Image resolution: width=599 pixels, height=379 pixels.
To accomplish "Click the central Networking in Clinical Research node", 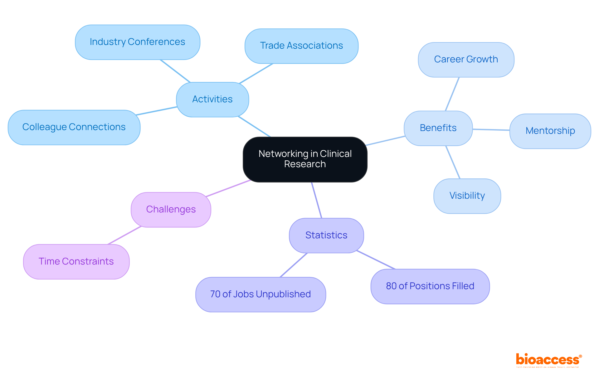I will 305,159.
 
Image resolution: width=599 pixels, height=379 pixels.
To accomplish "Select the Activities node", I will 212,100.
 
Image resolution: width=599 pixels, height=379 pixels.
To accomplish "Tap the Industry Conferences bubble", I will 137,42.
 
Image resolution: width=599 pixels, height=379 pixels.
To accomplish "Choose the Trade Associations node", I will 301,46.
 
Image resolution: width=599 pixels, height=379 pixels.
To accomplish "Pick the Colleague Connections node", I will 74,127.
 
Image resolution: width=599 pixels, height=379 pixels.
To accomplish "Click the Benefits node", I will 438,128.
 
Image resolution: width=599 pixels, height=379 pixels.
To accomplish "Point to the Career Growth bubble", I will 466,60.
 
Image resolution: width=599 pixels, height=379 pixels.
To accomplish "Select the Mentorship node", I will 550,131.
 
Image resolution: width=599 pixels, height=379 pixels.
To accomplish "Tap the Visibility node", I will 467,196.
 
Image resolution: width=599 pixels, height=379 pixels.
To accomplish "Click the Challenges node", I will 171,209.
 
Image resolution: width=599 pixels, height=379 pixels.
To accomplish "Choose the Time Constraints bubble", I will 76,261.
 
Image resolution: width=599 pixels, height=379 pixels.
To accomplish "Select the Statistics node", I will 326,235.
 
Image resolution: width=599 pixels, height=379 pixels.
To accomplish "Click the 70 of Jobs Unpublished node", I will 261,294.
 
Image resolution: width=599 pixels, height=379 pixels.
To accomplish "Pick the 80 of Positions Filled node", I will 430,286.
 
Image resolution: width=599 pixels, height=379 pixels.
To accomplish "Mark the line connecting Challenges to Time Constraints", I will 124,235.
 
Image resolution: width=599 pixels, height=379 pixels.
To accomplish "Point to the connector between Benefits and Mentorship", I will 491,129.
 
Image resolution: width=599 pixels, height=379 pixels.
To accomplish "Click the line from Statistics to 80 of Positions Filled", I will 376,260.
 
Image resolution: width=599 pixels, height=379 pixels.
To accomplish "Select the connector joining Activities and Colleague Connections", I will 157,111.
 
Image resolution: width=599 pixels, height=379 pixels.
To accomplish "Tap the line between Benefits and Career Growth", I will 452,94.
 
